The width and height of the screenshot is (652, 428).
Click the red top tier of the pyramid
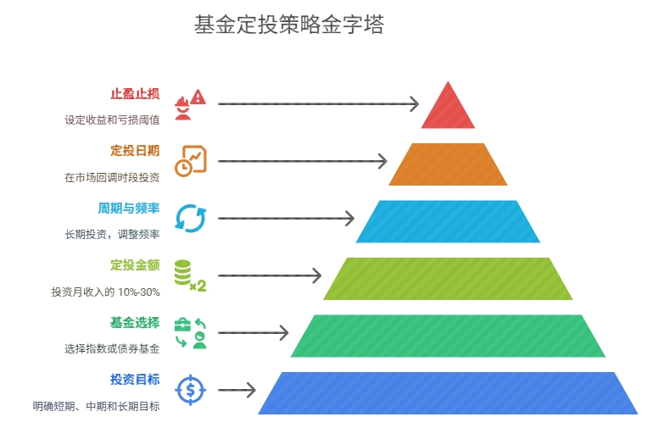448,110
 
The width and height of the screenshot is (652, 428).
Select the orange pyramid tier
448,164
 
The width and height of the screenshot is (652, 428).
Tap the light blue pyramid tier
448,221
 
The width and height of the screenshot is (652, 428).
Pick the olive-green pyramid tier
448,278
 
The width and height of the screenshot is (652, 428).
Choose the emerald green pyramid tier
448,336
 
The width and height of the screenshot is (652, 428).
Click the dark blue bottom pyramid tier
448,392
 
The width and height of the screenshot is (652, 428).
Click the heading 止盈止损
135,94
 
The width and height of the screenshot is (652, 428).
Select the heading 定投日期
135,151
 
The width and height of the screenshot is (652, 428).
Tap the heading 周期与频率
129,208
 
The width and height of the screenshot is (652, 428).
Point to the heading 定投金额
135,265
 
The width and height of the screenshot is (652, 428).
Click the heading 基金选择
135,322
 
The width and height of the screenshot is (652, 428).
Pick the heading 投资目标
135,379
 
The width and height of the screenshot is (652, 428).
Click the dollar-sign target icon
190,391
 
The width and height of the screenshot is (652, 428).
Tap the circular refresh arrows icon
190,218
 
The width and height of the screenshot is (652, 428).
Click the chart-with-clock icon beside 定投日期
190,161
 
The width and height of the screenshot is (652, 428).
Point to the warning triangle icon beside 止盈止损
198,97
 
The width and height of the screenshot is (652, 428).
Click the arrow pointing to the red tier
318,104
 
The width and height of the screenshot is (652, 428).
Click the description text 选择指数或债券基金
112,348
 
